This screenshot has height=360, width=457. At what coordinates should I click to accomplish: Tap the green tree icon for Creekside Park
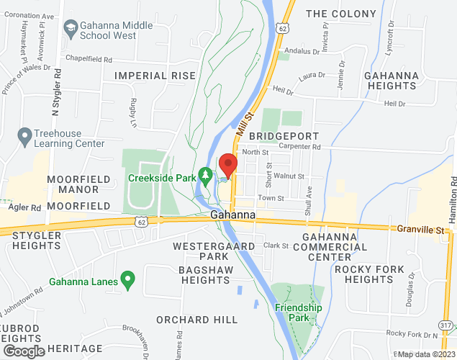206,174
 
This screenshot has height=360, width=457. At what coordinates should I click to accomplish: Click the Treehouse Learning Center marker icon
24,135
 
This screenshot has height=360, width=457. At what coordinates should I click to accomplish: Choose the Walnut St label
289,176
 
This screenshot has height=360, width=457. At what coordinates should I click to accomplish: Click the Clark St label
276,246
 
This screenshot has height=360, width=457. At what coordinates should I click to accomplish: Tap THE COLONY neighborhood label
340,14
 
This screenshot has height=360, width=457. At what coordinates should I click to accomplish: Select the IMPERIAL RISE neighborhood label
155,75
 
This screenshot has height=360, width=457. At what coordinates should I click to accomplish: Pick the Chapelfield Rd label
89,60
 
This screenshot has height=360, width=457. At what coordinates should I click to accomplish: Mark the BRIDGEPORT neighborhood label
279,135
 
